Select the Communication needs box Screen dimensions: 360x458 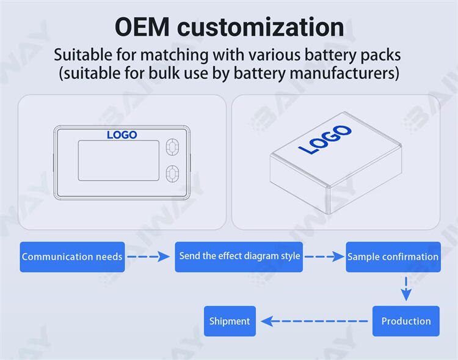click(72, 257)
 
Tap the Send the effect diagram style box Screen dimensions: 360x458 click(239, 256)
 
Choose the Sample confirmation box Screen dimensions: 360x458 click(393, 257)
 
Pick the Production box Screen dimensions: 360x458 click(405, 321)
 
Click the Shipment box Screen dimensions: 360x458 click(230, 321)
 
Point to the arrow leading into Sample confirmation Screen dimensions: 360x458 click(324, 257)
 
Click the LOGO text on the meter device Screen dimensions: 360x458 click(122, 134)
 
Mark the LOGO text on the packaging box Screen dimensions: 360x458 click(324, 139)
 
